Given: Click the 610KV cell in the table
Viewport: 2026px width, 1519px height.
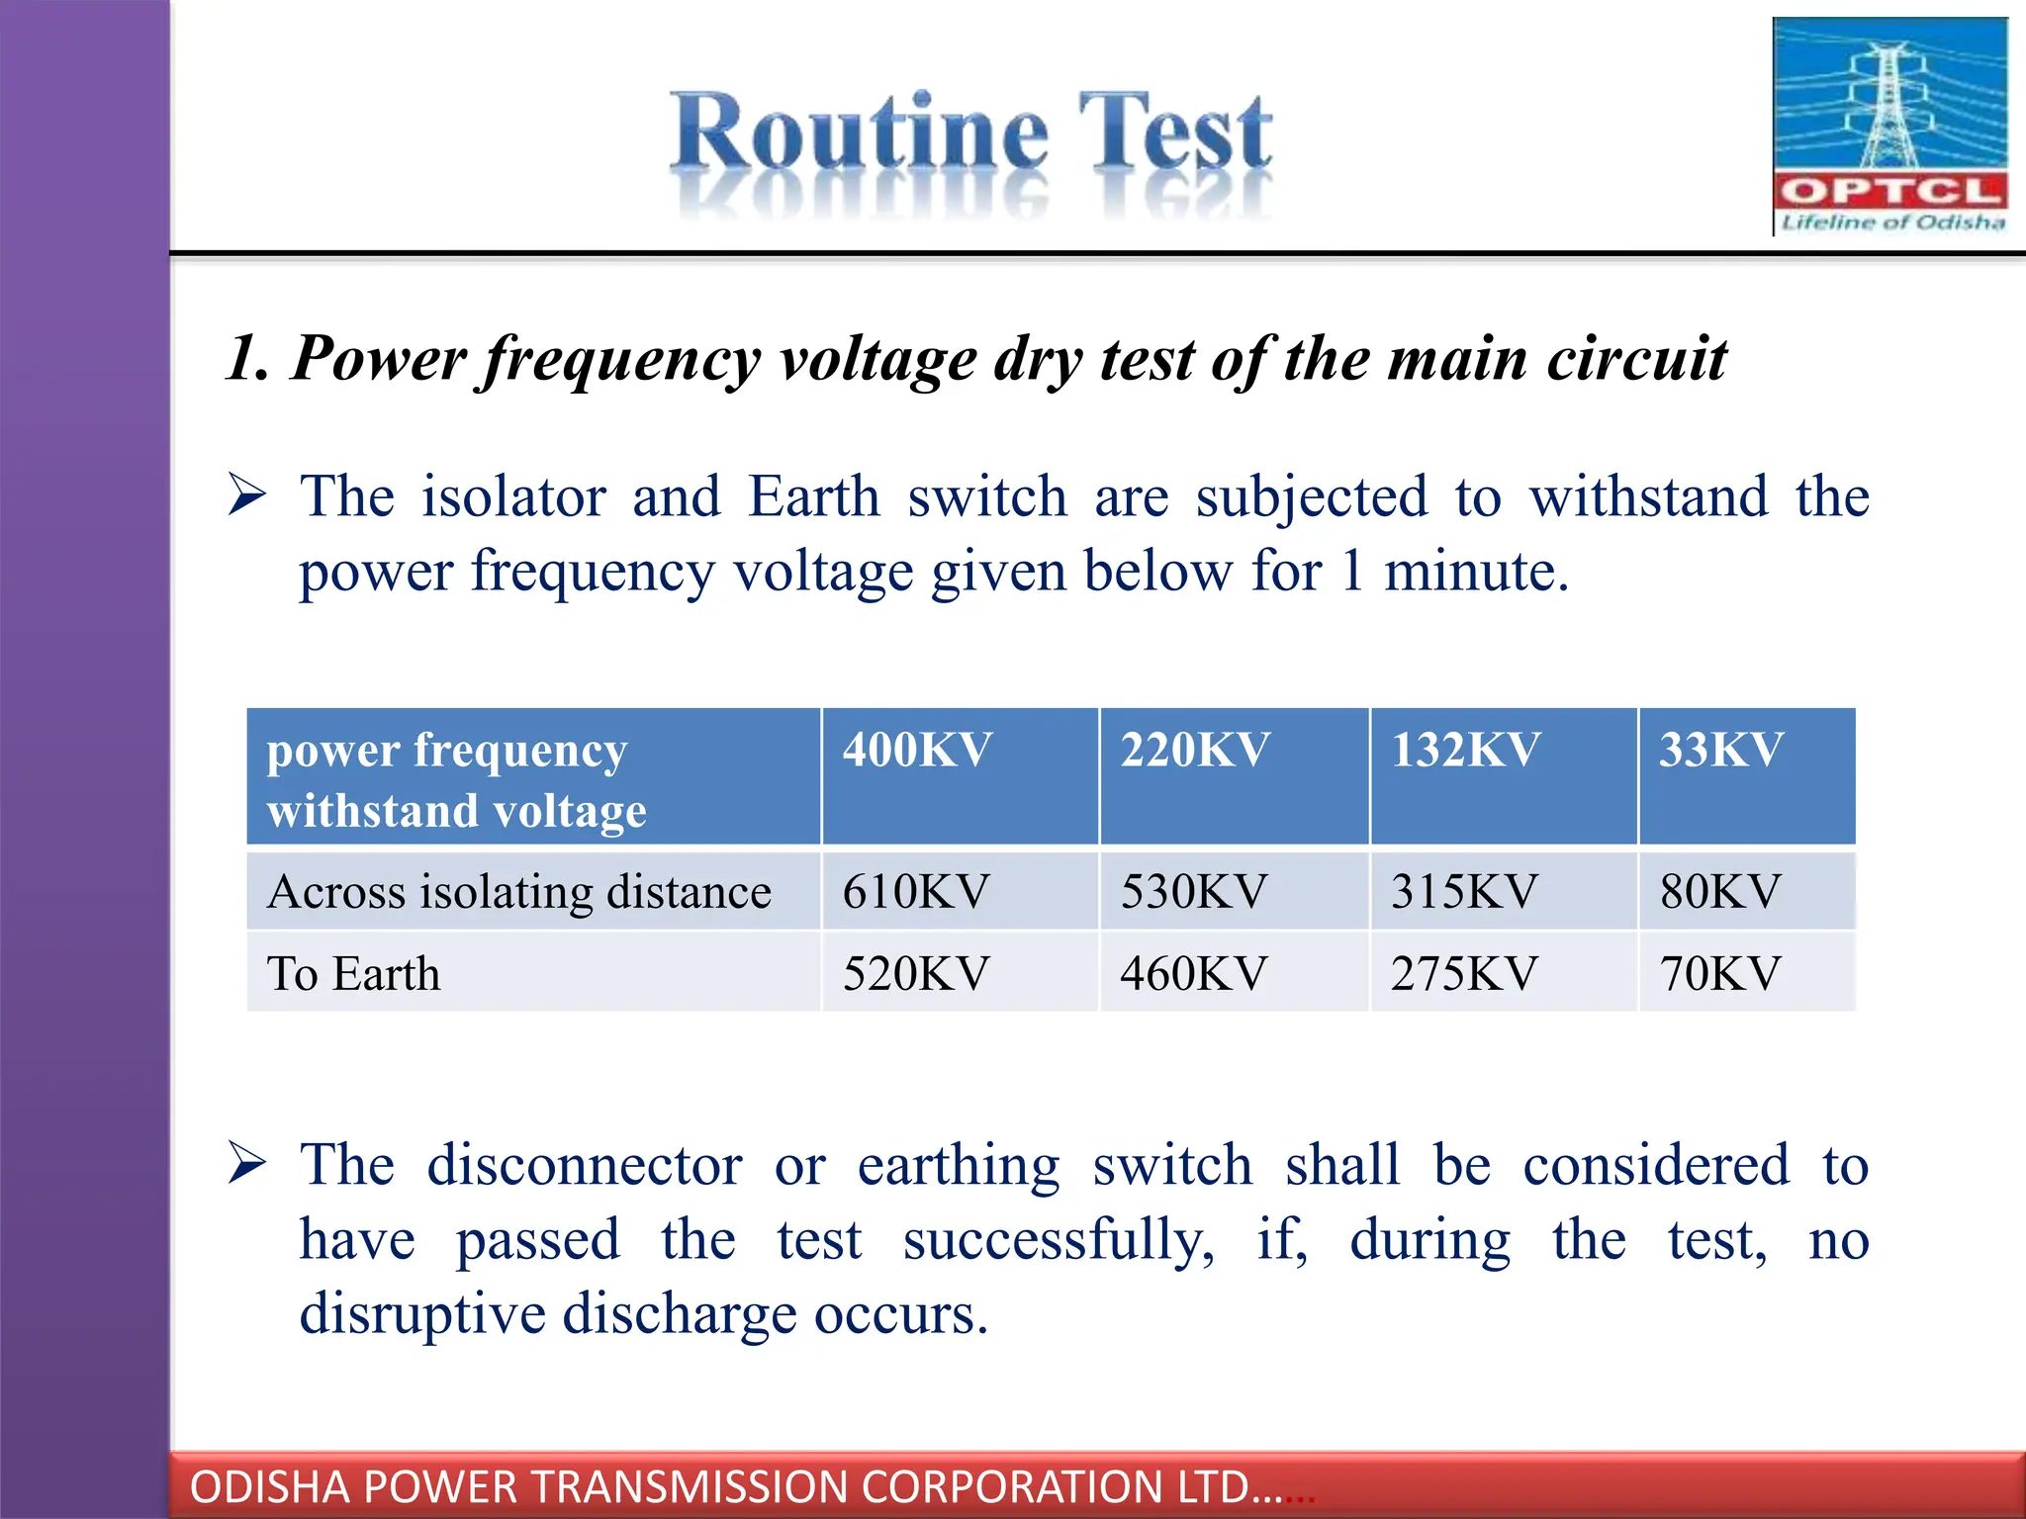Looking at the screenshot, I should click(916, 891).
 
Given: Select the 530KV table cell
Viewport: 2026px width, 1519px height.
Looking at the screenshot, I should click(1193, 891).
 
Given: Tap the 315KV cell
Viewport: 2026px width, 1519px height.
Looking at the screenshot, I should click(1464, 891).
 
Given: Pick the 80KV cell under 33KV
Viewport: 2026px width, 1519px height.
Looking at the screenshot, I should click(1720, 891).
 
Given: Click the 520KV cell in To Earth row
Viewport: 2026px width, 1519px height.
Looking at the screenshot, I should click(916, 973).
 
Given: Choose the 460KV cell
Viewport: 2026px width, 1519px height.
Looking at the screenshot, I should click(1193, 973).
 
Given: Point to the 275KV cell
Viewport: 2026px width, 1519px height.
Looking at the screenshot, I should click(1464, 973).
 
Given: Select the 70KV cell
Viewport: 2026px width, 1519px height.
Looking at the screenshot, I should click(1720, 973).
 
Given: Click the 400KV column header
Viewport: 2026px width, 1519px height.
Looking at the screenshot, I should click(917, 750).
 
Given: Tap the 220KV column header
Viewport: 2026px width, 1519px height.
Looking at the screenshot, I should click(1195, 750).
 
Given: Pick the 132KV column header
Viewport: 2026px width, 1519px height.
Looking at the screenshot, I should click(1465, 750).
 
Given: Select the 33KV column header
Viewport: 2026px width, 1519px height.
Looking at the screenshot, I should click(1721, 750).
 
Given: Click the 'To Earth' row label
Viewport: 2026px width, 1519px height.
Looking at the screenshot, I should click(353, 973).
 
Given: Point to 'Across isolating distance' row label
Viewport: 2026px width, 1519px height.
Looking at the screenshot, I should click(519, 891).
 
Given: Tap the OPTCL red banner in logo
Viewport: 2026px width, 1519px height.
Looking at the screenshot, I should click(1889, 191).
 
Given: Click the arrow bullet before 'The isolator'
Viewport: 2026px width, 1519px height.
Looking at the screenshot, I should click(246, 494).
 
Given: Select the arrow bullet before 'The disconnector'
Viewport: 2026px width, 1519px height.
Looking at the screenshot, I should click(246, 1162).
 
